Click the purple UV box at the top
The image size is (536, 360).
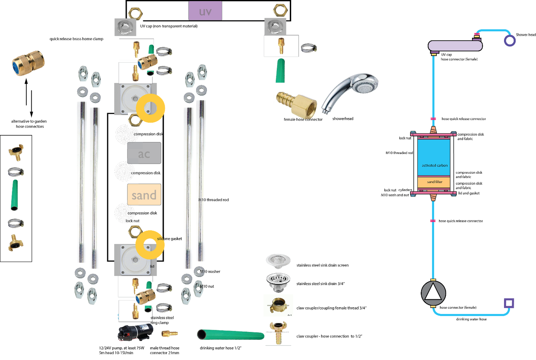(x=205, y=11)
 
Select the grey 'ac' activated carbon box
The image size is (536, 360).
(x=144, y=153)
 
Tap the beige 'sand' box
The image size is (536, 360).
(x=144, y=195)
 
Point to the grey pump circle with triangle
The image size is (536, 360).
(x=433, y=293)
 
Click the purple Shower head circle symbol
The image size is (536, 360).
(x=510, y=40)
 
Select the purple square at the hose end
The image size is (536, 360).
(x=509, y=303)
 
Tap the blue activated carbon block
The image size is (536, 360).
(x=434, y=157)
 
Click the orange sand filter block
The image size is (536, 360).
(x=434, y=182)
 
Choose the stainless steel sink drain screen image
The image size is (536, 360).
(x=278, y=261)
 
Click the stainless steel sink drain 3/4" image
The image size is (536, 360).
(x=278, y=282)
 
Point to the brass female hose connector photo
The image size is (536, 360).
(x=297, y=104)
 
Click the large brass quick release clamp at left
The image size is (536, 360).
(x=28, y=64)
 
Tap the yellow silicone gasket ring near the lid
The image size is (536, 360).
(x=150, y=245)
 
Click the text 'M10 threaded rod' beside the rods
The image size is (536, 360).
(x=214, y=200)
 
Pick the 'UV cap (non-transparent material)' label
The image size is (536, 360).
(x=169, y=26)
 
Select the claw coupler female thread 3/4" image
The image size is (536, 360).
(x=278, y=306)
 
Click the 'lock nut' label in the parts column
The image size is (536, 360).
(x=132, y=221)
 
